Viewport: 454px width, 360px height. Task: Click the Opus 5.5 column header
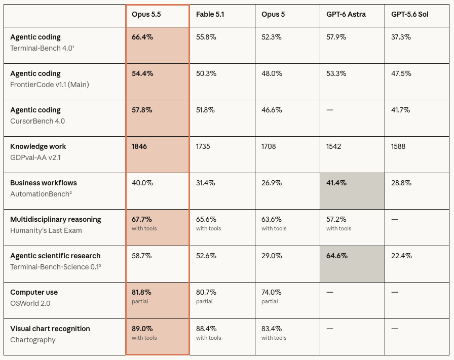146,15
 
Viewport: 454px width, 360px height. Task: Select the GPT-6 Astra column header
346,15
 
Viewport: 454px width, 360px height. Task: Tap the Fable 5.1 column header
210,15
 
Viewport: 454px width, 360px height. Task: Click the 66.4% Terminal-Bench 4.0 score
142,37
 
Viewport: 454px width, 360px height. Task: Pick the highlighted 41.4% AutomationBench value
336,183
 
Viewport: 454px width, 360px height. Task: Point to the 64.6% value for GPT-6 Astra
337,256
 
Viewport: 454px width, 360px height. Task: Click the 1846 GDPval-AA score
139,146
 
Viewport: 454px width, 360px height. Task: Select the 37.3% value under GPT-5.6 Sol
401,37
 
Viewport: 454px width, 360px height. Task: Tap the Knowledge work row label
38,146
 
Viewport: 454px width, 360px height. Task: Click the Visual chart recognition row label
50,329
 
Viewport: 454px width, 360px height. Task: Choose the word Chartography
33,340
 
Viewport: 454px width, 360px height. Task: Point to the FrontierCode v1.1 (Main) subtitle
50,85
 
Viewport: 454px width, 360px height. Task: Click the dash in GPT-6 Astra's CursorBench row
330,110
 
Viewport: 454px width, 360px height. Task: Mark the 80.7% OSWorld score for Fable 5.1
206,292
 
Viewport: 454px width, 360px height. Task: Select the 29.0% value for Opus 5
272,256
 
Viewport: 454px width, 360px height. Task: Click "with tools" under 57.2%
339,229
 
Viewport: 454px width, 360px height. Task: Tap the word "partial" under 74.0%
270,302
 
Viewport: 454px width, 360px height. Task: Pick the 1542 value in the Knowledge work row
333,146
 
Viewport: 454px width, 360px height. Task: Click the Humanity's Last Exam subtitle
46,230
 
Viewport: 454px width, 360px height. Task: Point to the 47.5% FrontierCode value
401,73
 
